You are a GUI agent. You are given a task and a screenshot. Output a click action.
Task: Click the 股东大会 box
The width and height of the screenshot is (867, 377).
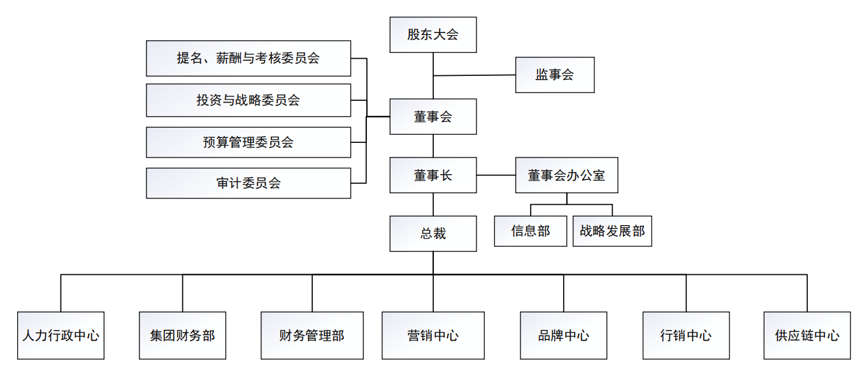433,34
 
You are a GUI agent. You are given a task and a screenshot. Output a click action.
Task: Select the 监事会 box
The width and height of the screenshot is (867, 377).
555,75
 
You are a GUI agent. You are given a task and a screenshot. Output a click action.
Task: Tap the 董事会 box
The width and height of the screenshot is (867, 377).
433,116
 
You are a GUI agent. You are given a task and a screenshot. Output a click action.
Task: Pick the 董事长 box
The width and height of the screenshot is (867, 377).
433,175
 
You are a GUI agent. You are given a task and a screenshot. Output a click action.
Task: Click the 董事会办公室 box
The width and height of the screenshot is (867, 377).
566,175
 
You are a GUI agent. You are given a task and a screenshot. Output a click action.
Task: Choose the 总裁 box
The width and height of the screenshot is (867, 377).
433,233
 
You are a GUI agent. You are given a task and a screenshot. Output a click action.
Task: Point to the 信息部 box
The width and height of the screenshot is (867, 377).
531,231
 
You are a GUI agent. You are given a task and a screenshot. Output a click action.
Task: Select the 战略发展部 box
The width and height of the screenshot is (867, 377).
612,231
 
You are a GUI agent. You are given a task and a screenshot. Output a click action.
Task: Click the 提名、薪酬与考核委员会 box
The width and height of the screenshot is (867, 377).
248,59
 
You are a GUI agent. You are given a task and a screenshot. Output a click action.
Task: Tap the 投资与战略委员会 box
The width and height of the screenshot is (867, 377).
248,100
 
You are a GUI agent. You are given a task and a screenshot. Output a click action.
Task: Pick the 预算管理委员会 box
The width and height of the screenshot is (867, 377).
248,142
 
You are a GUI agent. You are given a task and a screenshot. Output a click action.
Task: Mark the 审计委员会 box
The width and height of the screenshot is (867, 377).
248,183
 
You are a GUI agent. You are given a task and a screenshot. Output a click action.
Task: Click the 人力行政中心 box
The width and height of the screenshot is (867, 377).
61,336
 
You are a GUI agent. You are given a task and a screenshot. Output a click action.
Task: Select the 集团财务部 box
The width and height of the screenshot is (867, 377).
183,336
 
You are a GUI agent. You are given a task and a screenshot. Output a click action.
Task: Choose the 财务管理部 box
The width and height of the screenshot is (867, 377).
312,336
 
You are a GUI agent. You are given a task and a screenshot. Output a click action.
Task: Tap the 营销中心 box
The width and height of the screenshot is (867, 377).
433,336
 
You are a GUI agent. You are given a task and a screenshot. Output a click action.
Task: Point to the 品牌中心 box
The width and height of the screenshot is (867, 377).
564,336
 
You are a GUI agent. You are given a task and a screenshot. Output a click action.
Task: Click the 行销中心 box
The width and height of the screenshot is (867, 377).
686,336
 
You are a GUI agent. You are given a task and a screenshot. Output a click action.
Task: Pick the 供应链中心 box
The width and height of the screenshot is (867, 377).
807,336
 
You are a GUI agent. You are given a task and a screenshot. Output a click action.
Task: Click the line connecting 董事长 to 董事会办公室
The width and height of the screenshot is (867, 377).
496,175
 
